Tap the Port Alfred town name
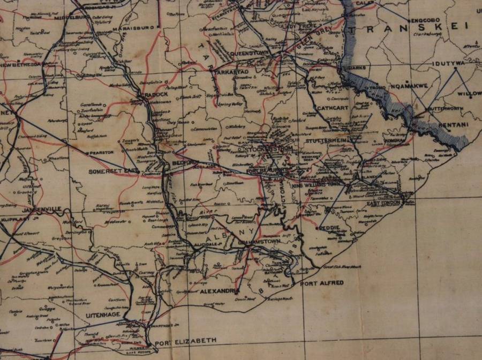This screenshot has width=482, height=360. click(321, 283)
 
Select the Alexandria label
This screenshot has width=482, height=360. click(219, 292)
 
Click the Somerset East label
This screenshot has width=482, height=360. click(114, 170)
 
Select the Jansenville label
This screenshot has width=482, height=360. click(35, 209)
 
